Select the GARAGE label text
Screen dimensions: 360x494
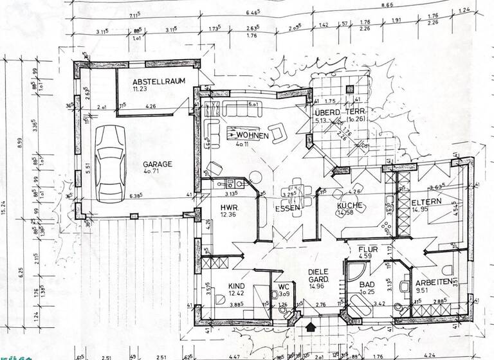click(x=157, y=164)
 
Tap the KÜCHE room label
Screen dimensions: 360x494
click(x=351, y=206)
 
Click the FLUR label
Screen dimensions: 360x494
click(x=368, y=249)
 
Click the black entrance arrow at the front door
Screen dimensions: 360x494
click(x=311, y=327)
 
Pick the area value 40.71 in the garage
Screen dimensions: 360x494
click(x=157, y=173)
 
